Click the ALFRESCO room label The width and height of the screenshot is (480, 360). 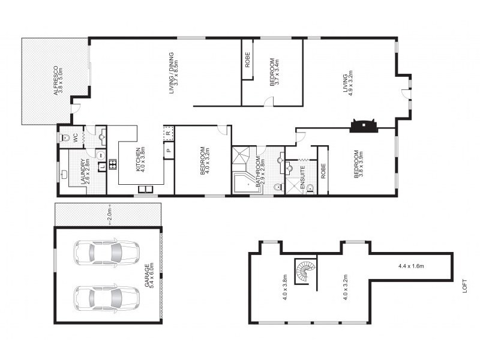[55, 80]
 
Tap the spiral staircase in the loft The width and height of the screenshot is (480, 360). [305, 271]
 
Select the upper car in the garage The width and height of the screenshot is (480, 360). [106, 253]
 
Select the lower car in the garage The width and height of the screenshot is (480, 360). [106, 298]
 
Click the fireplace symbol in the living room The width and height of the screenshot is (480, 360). [364, 125]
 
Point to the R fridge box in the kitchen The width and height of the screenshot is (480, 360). [169, 133]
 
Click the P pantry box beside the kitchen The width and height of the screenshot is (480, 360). [169, 151]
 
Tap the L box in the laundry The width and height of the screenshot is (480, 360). [102, 167]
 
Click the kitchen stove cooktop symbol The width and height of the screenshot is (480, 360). [112, 164]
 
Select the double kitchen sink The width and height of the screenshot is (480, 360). [145, 190]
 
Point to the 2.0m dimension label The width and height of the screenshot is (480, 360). [110, 215]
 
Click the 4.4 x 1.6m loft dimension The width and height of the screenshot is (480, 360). [411, 266]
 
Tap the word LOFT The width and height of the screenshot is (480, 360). [464, 286]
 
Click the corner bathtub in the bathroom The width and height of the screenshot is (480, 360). [247, 184]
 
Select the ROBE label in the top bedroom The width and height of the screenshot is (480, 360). [247, 59]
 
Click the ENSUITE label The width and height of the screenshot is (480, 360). [302, 177]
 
